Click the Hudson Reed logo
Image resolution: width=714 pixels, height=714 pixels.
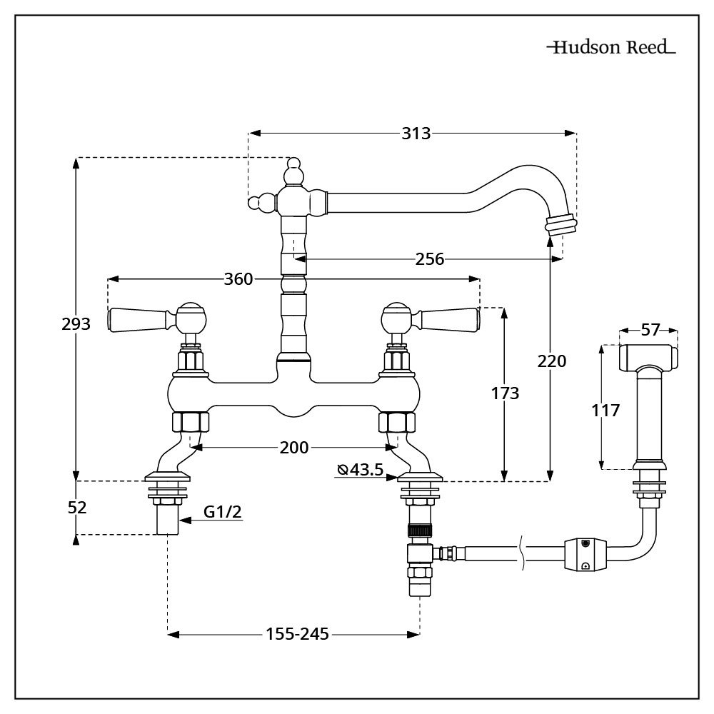click(611, 49)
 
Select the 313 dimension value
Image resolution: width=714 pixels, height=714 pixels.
click(416, 133)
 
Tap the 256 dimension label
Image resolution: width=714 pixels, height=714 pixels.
click(429, 259)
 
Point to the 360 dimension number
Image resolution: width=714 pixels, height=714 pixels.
click(238, 279)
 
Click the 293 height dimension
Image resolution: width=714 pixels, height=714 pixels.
click(76, 323)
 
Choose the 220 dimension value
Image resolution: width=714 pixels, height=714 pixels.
click(551, 361)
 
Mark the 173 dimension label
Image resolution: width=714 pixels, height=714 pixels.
click(505, 393)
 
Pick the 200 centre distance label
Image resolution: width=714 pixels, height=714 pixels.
click(294, 448)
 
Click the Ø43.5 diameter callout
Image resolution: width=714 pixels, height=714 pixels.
click(361, 469)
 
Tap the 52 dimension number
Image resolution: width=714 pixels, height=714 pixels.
click(76, 508)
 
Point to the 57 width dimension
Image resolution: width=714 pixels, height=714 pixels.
click(650, 330)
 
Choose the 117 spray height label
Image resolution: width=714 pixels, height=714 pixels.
click(605, 410)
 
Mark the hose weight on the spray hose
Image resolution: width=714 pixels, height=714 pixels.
click(585, 554)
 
